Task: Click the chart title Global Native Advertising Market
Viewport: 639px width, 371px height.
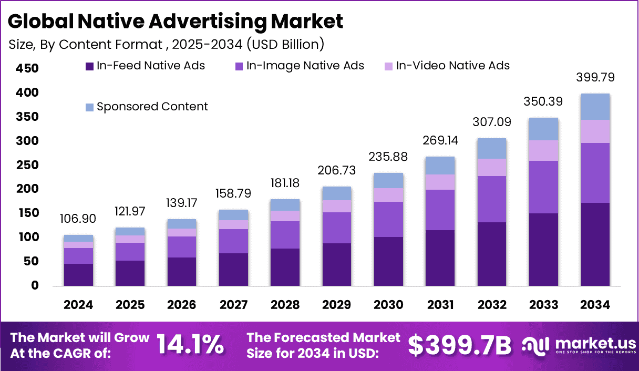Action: coord(176,21)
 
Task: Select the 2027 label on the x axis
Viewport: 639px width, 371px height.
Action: coord(233,305)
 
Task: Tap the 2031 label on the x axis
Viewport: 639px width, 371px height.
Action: coord(440,305)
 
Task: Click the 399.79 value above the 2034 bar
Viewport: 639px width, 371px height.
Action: coord(595,78)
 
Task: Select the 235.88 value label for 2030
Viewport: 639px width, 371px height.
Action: coord(388,157)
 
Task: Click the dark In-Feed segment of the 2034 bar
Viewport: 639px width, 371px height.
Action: coord(595,244)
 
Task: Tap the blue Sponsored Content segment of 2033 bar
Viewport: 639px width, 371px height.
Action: coord(543,129)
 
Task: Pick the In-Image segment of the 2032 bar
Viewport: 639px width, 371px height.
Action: coord(491,199)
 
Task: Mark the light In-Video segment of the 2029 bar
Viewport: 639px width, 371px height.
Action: coord(336,206)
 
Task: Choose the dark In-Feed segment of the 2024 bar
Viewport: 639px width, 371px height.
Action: coord(78,275)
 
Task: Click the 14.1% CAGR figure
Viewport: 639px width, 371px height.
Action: coord(190,345)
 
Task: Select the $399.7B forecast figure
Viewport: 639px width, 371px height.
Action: coord(460,345)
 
